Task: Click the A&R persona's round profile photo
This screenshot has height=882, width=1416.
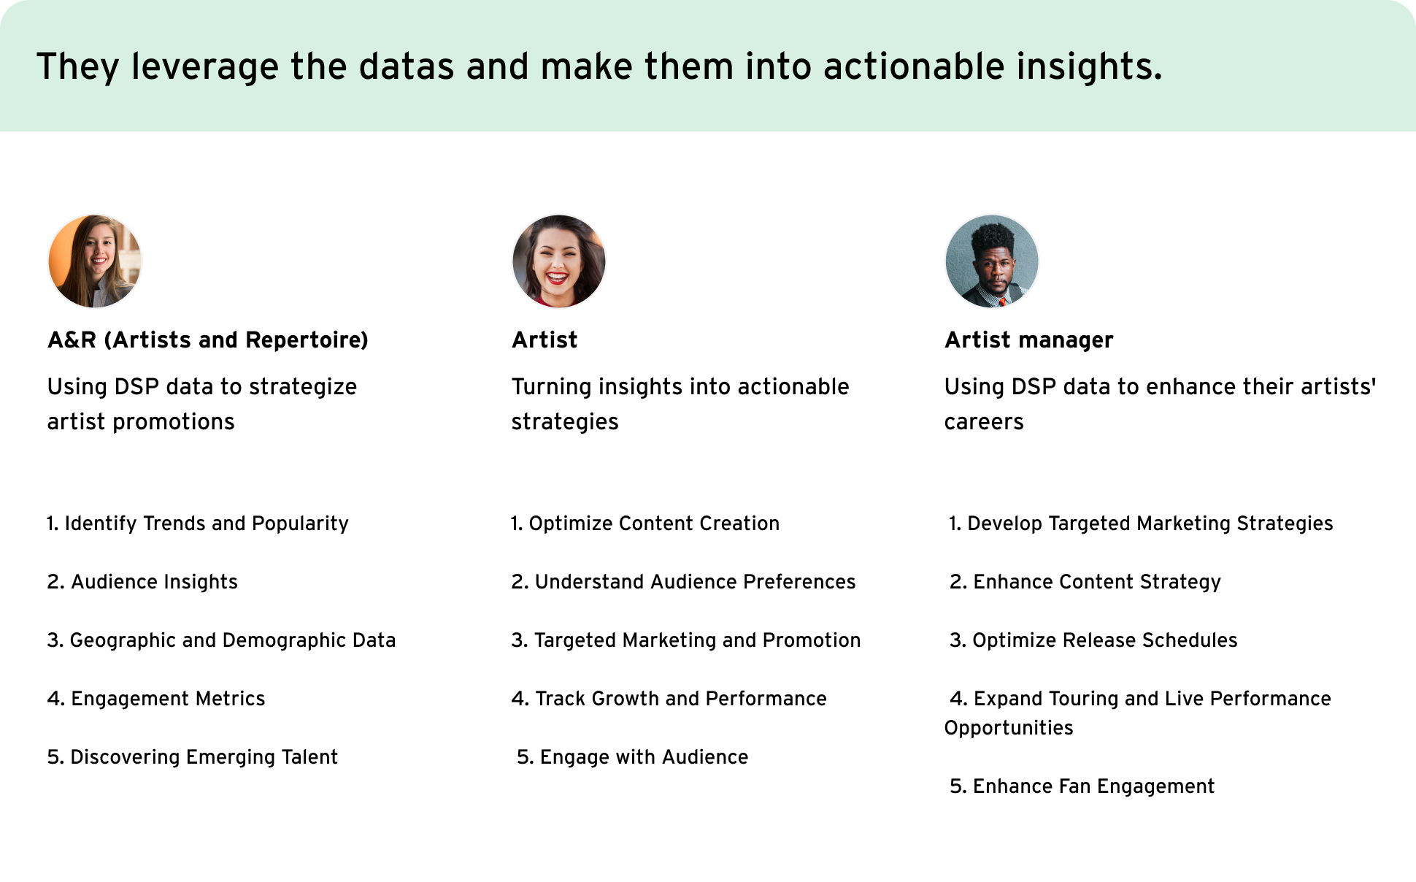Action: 95,261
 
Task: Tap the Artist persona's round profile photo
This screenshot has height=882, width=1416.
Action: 559,261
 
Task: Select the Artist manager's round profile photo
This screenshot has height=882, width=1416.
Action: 992,261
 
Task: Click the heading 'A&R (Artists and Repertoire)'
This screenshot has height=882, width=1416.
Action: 208,340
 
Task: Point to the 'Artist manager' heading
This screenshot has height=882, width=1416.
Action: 1029,340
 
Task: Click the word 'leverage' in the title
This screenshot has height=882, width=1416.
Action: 205,67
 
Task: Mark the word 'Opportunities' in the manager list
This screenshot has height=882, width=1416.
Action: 1009,728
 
